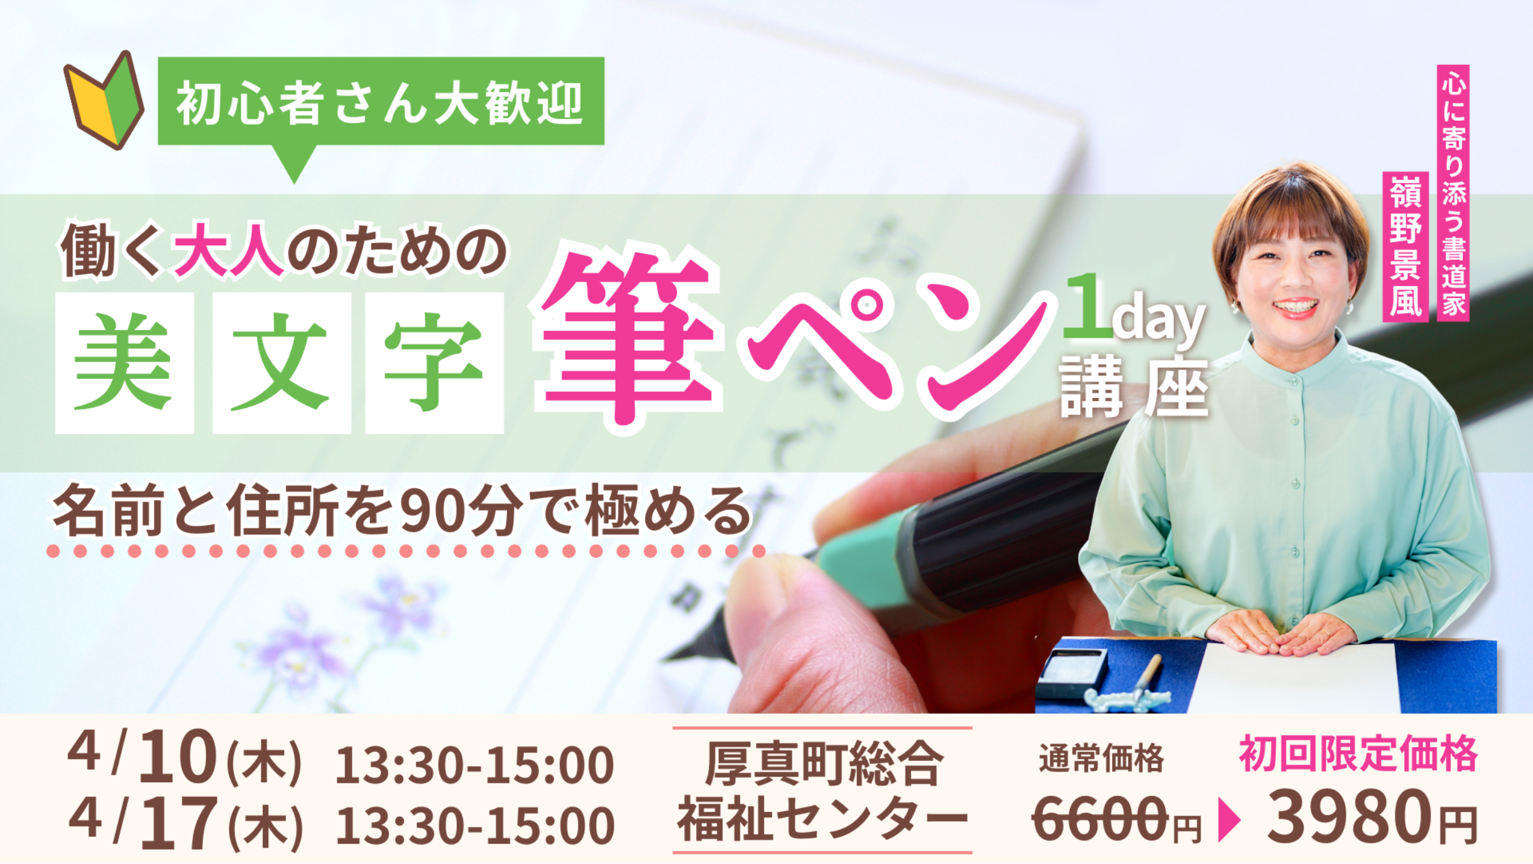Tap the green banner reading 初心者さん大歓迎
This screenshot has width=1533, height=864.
(x=381, y=102)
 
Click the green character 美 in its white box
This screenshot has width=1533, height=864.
(x=124, y=363)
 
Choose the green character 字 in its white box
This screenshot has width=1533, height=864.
(x=434, y=363)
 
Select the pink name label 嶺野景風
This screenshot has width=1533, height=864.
(x=1406, y=246)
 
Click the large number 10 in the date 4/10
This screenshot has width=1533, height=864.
(x=178, y=757)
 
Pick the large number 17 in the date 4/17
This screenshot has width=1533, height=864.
(x=178, y=822)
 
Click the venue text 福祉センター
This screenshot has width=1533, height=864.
(x=822, y=818)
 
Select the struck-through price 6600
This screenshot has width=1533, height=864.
(x=1101, y=818)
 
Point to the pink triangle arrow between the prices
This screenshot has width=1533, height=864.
(x=1229, y=820)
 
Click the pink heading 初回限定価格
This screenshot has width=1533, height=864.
(x=1358, y=753)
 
